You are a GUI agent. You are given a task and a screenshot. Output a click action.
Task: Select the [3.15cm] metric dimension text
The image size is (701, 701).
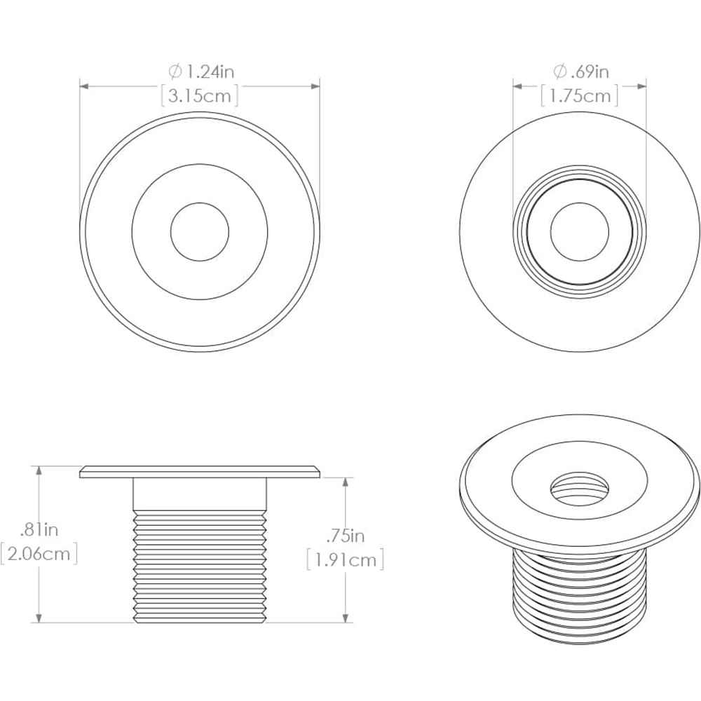coord(200,95)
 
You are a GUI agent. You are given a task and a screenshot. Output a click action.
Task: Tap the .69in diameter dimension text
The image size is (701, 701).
coord(587,71)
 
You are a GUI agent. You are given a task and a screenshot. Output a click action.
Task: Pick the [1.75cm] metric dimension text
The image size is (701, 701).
coord(580,95)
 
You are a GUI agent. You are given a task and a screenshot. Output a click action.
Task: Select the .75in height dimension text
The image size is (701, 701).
coord(345,536)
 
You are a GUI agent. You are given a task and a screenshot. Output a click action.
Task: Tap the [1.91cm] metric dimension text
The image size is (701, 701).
coord(345,561)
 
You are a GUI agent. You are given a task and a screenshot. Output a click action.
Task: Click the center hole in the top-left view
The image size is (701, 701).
coord(200,231)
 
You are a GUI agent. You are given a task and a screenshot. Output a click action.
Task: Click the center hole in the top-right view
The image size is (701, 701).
coord(579,231)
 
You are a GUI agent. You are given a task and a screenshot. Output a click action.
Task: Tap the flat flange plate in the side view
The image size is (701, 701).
coord(200,472)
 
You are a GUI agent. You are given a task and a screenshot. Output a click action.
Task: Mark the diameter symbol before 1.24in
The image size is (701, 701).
coord(175,71)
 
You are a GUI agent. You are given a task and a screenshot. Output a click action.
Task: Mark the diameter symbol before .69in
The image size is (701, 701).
coord(559,71)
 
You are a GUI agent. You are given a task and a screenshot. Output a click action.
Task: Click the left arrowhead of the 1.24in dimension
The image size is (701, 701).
coord(83,86)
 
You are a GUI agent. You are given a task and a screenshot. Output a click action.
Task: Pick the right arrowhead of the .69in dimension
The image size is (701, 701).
coord(641,86)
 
